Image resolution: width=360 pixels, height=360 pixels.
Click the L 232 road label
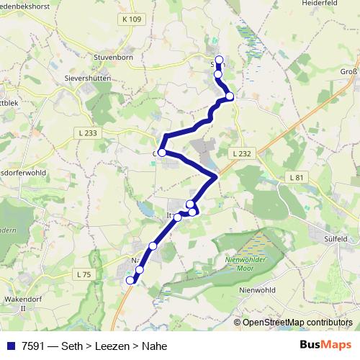[x=242, y=154]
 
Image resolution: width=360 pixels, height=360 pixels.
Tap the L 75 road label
[x=84, y=274]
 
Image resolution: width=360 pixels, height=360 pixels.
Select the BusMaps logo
[x=326, y=344]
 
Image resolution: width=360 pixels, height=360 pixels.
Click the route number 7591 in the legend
[x=32, y=346]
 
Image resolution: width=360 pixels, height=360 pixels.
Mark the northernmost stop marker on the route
[x=219, y=60]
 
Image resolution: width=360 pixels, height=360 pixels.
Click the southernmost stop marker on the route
[x=130, y=280]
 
